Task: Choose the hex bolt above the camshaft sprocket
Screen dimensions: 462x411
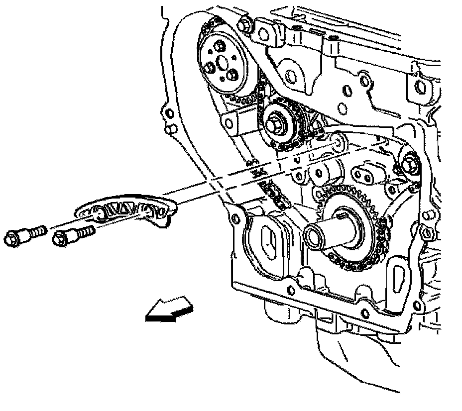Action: point(244,22)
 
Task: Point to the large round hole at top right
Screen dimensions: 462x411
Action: point(420,88)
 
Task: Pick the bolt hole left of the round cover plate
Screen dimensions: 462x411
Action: point(234,217)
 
